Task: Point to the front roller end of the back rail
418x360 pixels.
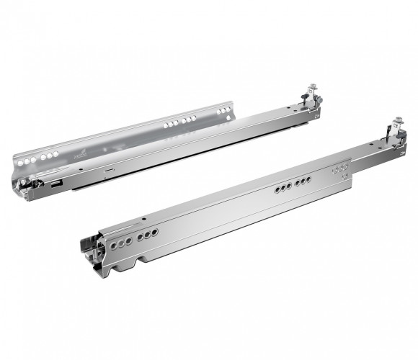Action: [29, 184]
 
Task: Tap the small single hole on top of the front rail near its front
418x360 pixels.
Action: [144, 217]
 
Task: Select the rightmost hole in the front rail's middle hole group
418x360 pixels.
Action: [308, 180]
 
